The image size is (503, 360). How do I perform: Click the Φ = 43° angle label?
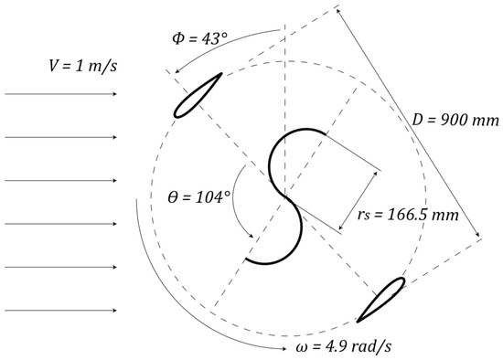(x=199, y=38)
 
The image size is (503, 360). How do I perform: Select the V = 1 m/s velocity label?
(x=82, y=66)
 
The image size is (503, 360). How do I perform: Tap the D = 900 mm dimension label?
(x=455, y=121)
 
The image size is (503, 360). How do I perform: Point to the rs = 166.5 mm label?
(x=408, y=214)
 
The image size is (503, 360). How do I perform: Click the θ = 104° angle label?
(x=199, y=196)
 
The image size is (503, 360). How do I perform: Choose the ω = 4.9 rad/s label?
(x=343, y=346)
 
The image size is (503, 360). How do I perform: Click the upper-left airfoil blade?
(x=198, y=96)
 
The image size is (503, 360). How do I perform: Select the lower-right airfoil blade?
(x=381, y=300)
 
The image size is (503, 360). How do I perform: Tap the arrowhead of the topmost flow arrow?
(x=114, y=94)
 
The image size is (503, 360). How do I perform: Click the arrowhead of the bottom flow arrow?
(x=114, y=311)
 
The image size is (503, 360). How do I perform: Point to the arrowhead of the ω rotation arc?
(x=284, y=348)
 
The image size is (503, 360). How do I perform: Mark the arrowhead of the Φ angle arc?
(x=177, y=71)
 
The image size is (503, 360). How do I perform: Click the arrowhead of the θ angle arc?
(x=251, y=236)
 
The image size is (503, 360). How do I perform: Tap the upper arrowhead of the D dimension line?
(x=337, y=11)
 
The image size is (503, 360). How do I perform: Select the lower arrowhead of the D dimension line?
(x=477, y=234)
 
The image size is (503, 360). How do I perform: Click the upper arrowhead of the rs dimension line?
(x=376, y=174)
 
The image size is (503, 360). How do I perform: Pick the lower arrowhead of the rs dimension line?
(x=341, y=227)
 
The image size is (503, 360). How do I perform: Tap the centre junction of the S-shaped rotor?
(x=284, y=196)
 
